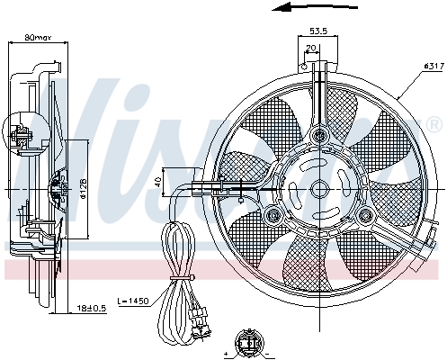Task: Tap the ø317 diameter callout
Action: point(423,66)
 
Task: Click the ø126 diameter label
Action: point(82,187)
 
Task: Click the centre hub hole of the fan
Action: point(318,189)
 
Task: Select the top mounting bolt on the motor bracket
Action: point(318,136)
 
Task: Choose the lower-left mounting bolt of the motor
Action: point(272,214)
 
